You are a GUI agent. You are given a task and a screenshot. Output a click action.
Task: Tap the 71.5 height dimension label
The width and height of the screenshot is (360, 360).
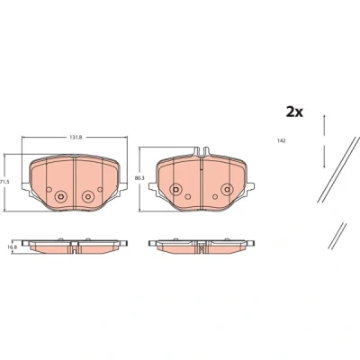point(3,182)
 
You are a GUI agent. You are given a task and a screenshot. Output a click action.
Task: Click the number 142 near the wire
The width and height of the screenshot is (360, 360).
point(281,140)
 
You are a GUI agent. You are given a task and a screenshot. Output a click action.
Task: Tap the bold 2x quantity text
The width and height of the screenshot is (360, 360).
point(294,112)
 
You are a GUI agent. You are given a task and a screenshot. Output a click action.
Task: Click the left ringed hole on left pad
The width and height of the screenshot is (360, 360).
point(60,196)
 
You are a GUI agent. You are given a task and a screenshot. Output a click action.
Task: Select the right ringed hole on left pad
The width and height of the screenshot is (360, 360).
point(87,196)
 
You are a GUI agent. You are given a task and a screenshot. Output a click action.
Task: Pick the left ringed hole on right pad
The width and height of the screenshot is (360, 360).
point(175,189)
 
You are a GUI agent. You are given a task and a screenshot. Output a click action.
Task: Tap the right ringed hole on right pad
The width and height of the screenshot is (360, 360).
point(227,189)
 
